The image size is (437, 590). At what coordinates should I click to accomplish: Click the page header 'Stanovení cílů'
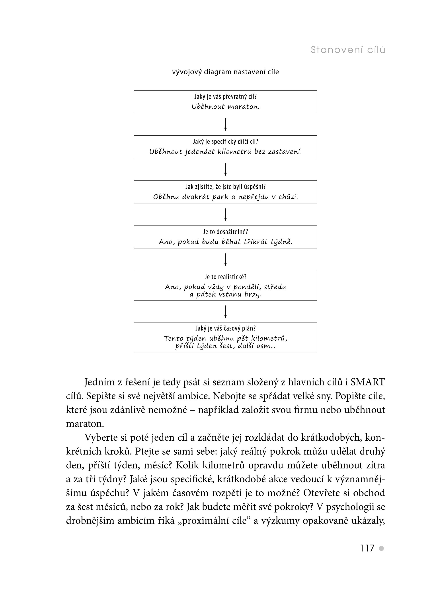pyautogui.click(x=348, y=50)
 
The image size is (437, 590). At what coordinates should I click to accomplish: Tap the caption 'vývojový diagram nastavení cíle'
pyautogui.click(x=225, y=72)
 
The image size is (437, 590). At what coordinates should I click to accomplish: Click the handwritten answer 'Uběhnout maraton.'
pyautogui.click(x=225, y=107)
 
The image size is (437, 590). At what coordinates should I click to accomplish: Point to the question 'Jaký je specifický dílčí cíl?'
pyautogui.click(x=225, y=142)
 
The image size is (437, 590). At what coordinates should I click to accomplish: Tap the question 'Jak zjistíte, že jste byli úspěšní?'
pyautogui.click(x=225, y=187)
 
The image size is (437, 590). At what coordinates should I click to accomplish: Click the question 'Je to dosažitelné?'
pyautogui.click(x=225, y=232)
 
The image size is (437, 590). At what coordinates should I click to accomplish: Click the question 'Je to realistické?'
pyautogui.click(x=225, y=277)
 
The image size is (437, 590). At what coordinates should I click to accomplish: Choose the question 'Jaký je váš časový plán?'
pyautogui.click(x=225, y=328)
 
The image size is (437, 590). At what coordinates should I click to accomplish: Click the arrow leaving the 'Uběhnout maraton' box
pyautogui.click(x=225, y=124)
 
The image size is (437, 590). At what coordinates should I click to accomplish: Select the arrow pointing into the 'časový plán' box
pyautogui.click(x=225, y=311)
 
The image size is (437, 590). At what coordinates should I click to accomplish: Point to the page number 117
pyautogui.click(x=367, y=548)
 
